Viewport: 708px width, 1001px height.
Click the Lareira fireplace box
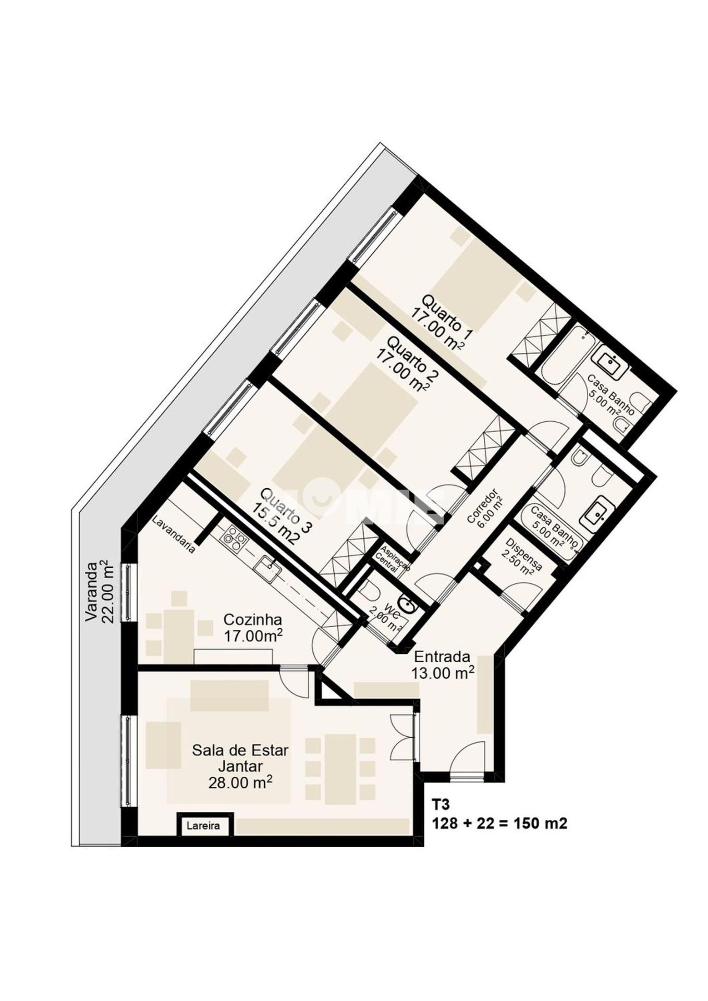[203, 826]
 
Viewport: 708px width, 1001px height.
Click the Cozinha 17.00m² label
[253, 628]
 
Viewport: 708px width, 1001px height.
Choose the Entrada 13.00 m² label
[442, 665]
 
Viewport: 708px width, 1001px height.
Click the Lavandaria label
[174, 534]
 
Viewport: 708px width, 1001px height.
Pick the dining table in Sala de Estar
[340, 769]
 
